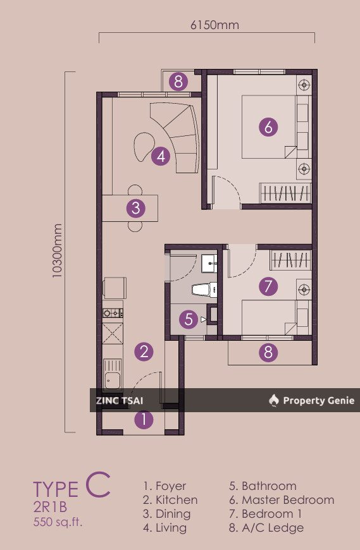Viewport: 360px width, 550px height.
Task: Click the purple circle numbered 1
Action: pyautogui.click(x=144, y=419)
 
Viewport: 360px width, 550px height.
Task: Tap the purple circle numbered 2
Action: pyautogui.click(x=144, y=351)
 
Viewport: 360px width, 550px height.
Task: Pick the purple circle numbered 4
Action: pyautogui.click(x=161, y=156)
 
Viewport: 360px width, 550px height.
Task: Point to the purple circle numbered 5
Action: pyautogui.click(x=189, y=319)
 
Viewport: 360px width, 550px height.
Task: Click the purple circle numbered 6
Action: pyautogui.click(x=268, y=127)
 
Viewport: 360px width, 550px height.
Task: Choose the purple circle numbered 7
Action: pyautogui.click(x=268, y=286)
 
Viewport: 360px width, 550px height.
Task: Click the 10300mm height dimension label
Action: pyautogui.click(x=57, y=252)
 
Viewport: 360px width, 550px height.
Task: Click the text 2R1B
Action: pyautogui.click(x=51, y=508)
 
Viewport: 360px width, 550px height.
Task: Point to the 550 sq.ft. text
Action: pyautogui.click(x=58, y=522)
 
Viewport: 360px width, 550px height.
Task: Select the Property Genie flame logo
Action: pyautogui.click(x=273, y=400)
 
